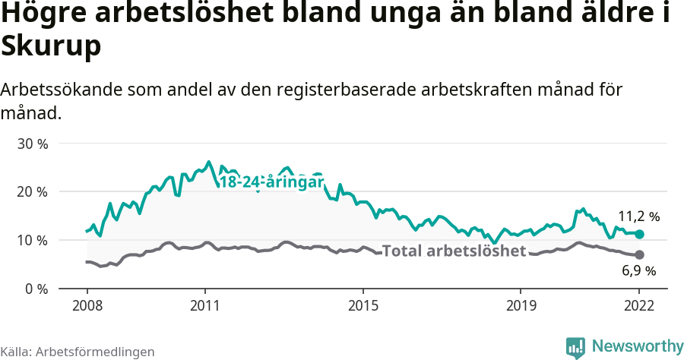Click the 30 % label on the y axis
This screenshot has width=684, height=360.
coord(32,144)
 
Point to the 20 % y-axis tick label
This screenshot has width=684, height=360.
coord(32,191)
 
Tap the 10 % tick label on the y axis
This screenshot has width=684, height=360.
coord(32,240)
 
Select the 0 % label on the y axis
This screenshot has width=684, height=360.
coord(35,289)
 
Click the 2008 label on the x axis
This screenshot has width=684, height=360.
coord(87,307)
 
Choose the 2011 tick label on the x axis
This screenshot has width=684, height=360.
coord(205,307)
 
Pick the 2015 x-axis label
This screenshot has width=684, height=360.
coord(363,307)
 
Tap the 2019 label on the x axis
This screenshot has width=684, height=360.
coord(521,307)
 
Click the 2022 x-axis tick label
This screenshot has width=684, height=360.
coord(639,307)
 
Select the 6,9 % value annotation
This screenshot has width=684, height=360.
coord(639,270)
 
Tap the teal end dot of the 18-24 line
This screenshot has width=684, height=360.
coord(639,235)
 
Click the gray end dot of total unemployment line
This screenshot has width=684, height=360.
coord(639,254)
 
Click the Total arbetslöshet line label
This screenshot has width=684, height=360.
coord(454,251)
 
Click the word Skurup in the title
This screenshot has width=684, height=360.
coord(52,47)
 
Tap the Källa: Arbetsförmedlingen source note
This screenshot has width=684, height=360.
coord(78,352)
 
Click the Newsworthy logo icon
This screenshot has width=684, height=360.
coord(575,347)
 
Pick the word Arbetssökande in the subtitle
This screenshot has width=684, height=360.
coord(59,90)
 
